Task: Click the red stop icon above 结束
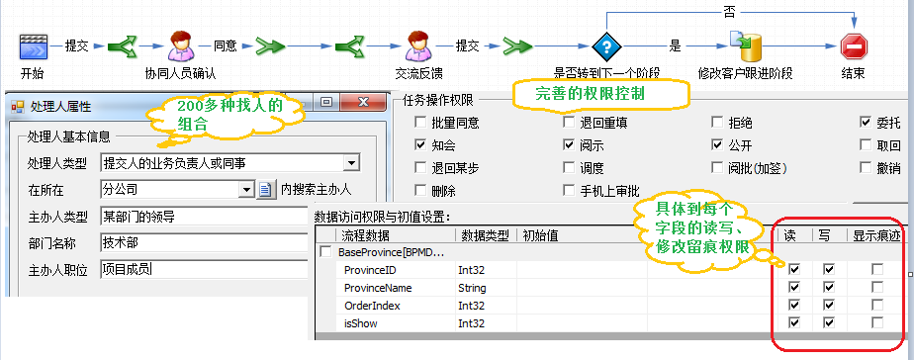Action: [x=853, y=45]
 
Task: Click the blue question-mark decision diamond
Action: [x=603, y=45]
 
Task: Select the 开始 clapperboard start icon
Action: [x=34, y=45]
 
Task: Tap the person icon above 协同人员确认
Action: [x=179, y=45]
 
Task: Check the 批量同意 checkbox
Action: [x=420, y=123]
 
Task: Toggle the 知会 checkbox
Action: [x=420, y=145]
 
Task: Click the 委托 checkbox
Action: [x=866, y=123]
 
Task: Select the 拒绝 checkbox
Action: [x=717, y=123]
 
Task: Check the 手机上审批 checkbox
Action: [x=569, y=191]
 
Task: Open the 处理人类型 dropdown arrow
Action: [x=351, y=163]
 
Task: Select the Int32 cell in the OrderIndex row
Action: [x=472, y=306]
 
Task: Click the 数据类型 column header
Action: [x=485, y=235]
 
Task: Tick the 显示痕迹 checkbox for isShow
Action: [x=876, y=323]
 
